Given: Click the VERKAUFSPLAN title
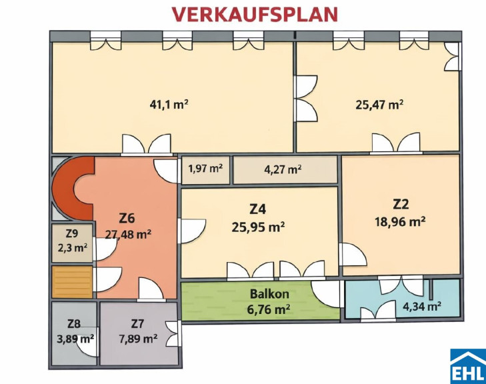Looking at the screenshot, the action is click(x=255, y=14).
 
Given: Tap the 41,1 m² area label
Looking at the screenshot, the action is click(x=169, y=105).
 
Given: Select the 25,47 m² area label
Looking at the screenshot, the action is click(x=379, y=105).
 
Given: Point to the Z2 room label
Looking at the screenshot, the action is click(x=401, y=204).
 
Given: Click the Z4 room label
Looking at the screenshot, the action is click(x=258, y=209).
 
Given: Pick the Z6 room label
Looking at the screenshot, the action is click(x=127, y=218).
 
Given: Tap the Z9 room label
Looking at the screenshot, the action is click(x=72, y=234).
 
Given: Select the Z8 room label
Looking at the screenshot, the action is click(x=74, y=324).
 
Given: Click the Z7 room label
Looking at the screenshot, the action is click(x=137, y=324).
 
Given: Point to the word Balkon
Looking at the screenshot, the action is click(x=269, y=293).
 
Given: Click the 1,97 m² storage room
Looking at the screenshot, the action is click(x=205, y=171).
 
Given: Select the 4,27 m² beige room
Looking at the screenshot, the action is click(x=285, y=170).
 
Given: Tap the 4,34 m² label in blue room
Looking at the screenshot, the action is click(x=422, y=307).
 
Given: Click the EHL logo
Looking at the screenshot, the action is click(x=468, y=366).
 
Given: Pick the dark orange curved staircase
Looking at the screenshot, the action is click(x=71, y=188).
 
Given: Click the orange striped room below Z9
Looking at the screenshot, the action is click(x=72, y=282).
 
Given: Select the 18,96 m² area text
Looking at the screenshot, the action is click(x=400, y=221).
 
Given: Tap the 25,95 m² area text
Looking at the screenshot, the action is click(x=258, y=227).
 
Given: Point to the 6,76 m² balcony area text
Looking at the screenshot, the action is click(x=269, y=309).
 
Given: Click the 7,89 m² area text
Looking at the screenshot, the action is click(x=138, y=339).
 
